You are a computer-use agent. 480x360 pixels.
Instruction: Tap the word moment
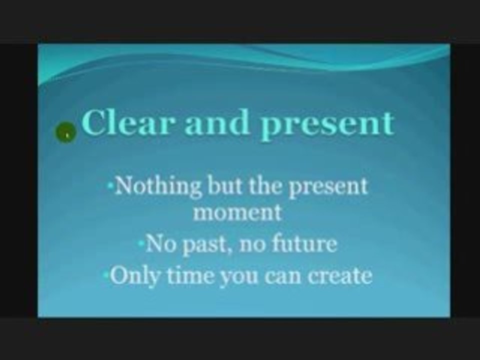pyautogui.click(x=237, y=213)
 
